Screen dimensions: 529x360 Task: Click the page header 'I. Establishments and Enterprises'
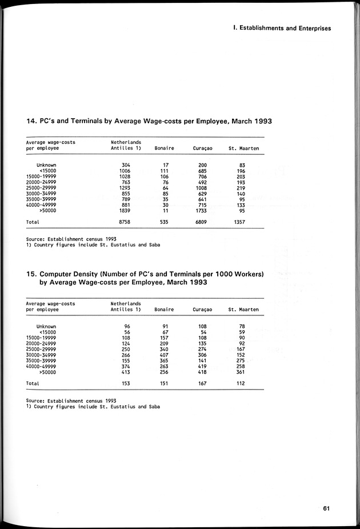click(282, 28)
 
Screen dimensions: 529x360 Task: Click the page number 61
click(327, 509)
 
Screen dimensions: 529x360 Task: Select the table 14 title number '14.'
click(32, 121)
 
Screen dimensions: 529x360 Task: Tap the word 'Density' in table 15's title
click(97, 274)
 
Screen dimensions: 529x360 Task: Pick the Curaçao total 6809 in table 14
click(202, 222)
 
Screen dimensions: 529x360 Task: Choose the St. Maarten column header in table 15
click(243, 310)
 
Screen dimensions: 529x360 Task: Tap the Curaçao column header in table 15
click(202, 310)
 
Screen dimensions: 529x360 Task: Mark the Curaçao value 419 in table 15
click(202, 366)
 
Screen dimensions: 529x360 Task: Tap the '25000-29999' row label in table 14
click(41, 188)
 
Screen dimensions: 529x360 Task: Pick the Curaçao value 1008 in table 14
click(202, 188)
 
